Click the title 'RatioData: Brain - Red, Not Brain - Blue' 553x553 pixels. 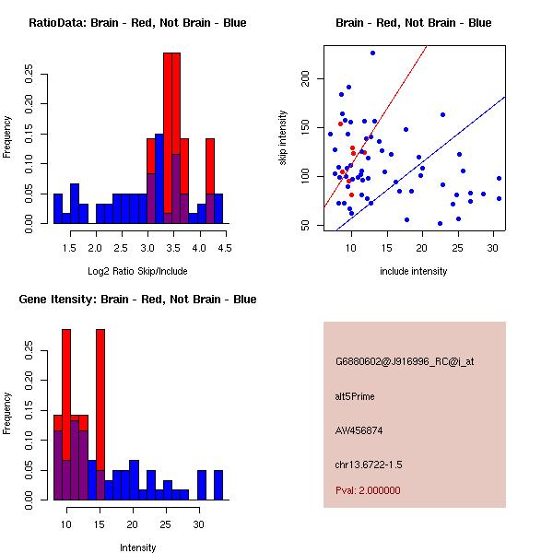coord(137,22)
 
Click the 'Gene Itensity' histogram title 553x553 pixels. coord(137,300)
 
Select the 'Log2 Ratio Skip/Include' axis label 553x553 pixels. coord(137,272)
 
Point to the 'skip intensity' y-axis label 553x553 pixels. coord(284,139)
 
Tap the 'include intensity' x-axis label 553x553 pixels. coord(414,272)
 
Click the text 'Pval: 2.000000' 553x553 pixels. coord(368,490)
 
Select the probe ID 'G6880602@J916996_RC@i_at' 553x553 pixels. coord(405,362)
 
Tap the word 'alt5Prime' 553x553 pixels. coord(355,396)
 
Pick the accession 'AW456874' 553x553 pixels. coord(357,430)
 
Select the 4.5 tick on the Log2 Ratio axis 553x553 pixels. coord(224,248)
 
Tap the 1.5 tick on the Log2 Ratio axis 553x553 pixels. coord(69,248)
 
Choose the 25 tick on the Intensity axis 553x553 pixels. coord(166,524)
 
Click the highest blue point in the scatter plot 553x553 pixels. coord(372,53)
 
